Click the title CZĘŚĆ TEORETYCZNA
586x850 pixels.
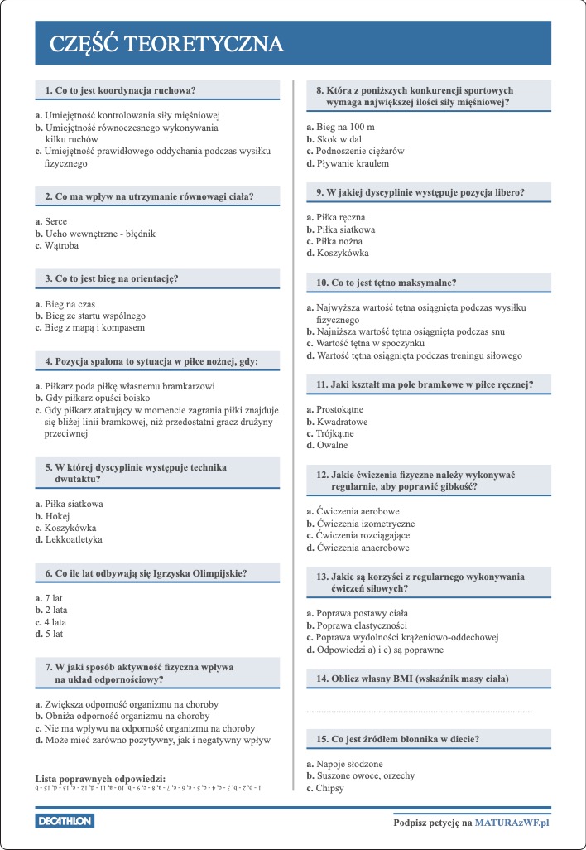166,44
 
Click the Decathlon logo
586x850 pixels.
65,821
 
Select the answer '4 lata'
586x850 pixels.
57,621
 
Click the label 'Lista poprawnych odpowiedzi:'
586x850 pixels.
100,779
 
